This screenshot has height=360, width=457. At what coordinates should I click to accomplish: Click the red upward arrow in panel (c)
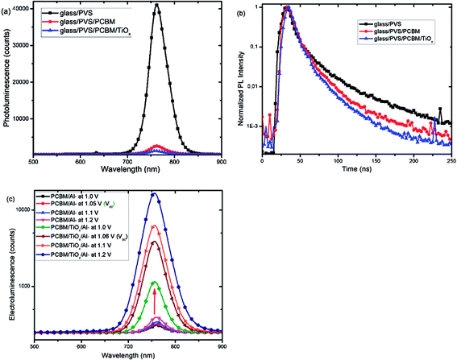[x=154, y=297]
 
